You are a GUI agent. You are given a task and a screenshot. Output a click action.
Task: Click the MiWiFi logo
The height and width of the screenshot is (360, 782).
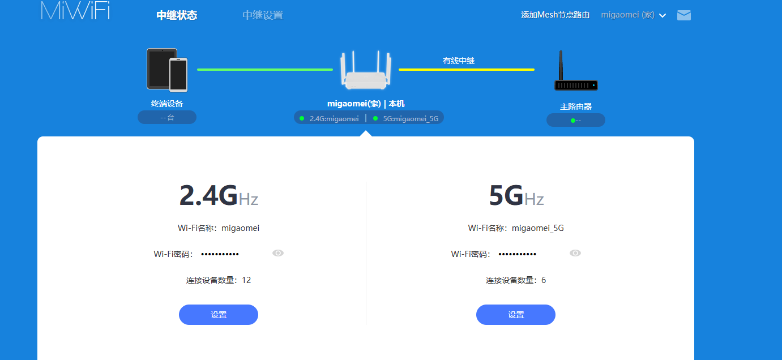(75, 10)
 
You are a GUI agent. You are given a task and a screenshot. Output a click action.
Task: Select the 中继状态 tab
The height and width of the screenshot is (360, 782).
(177, 15)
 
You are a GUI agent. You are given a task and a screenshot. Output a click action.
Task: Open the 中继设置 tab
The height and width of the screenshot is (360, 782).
(263, 15)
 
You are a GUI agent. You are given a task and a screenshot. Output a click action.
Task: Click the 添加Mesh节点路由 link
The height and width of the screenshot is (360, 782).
(555, 15)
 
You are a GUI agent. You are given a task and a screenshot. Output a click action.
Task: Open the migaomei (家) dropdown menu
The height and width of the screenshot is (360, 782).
(633, 15)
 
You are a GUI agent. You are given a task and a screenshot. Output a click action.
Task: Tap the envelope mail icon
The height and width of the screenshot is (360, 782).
(684, 15)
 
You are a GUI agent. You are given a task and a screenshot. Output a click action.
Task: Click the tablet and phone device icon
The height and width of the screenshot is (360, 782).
(167, 70)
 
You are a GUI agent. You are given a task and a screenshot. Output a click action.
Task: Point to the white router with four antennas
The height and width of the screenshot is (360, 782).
(366, 70)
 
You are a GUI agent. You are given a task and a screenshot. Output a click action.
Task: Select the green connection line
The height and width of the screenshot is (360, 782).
(264, 70)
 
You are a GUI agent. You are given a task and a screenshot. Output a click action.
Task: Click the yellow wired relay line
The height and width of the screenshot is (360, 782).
(466, 70)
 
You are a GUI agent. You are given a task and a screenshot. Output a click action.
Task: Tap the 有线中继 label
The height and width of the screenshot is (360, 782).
(459, 61)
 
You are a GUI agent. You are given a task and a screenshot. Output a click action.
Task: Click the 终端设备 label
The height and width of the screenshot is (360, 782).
(167, 104)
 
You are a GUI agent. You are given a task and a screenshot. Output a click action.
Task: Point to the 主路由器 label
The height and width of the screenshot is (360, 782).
(576, 106)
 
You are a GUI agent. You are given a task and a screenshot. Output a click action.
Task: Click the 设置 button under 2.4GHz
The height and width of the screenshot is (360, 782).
(219, 315)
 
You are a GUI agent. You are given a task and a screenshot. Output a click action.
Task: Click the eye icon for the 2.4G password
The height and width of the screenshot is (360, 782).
(278, 253)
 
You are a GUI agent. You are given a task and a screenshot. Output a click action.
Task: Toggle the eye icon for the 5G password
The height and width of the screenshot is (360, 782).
(575, 253)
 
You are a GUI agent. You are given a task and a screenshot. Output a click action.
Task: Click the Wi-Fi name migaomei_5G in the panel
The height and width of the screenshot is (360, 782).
(537, 228)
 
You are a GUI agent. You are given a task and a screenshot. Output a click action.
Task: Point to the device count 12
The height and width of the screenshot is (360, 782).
(246, 280)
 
